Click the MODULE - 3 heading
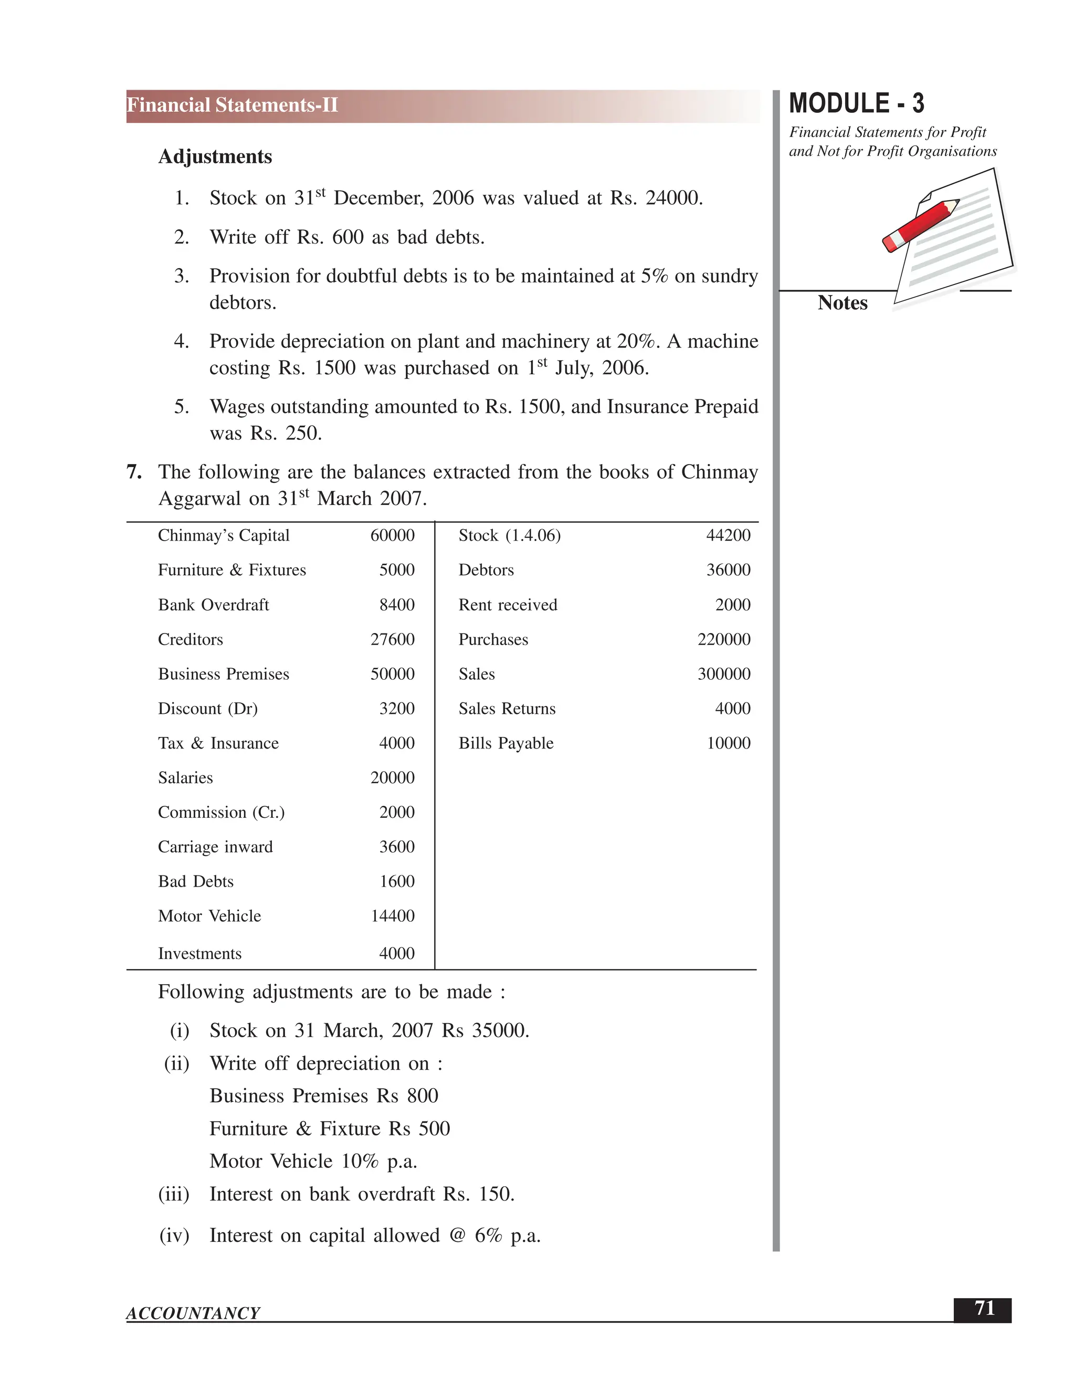[856, 104]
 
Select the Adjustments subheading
[215, 156]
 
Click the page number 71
[984, 1309]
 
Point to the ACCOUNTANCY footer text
[193, 1313]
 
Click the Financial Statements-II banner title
[233, 105]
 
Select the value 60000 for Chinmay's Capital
[392, 535]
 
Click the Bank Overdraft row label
[213, 605]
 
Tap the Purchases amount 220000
[723, 639]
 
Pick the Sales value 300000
[723, 674]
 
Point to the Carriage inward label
[215, 847]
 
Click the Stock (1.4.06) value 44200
[728, 535]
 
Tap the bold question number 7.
[134, 472]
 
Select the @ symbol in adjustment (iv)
[457, 1236]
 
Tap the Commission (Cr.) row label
[221, 813]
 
